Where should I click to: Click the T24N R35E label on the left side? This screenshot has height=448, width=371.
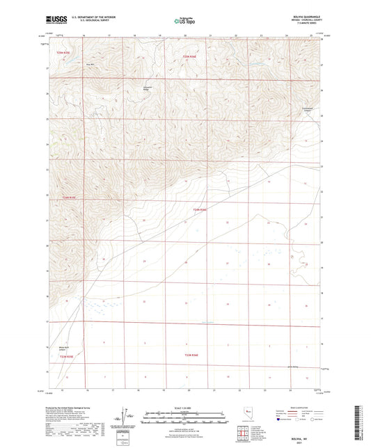pos(68,198)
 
